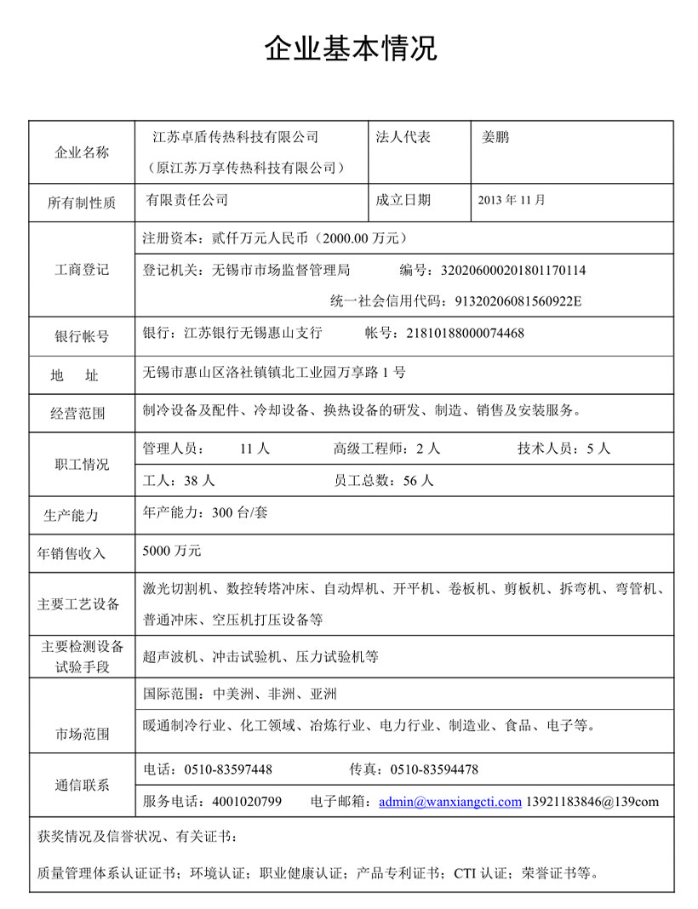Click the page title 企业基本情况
(351, 48)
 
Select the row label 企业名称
(82, 153)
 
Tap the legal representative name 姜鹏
(495, 136)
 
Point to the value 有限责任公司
(186, 201)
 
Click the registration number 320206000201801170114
(512, 271)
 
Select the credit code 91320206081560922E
(518, 300)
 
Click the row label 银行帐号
(82, 336)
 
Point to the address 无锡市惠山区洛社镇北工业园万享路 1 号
(274, 372)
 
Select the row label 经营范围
(82, 414)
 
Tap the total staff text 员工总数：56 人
(384, 481)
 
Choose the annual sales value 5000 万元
(172, 551)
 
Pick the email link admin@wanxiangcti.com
(449, 802)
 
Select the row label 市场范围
(82, 734)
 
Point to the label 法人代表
(403, 136)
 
